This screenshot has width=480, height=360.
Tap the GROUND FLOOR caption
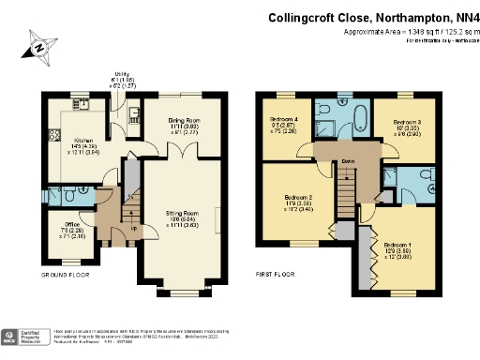(65, 275)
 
